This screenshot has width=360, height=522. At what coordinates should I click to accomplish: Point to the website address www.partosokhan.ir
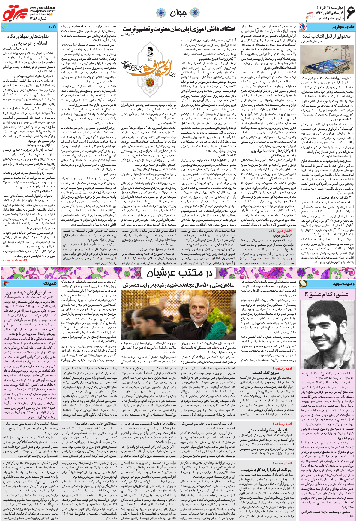pyautogui.click(x=42, y=7)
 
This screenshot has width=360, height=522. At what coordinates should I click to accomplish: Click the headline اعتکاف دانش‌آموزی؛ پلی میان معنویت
pyautogui.click(x=179, y=29)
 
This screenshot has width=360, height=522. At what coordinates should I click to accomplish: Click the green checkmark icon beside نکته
pyautogui.click(x=4, y=27)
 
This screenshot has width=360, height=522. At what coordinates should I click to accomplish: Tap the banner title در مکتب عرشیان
pyautogui.click(x=179, y=273)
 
